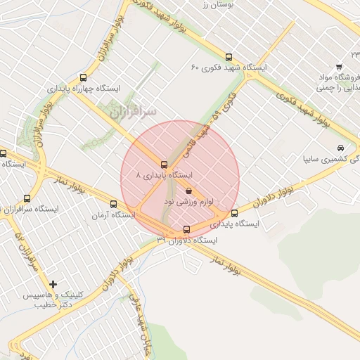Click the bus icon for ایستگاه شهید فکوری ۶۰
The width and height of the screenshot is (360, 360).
point(228,57)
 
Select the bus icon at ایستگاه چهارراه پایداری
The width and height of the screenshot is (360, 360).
point(84,78)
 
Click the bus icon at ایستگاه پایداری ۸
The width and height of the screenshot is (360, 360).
point(164,165)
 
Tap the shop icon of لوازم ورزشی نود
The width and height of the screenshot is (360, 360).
point(188,191)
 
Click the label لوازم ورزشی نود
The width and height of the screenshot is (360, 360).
point(188,202)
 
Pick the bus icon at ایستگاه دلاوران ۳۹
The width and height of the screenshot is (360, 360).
point(186,229)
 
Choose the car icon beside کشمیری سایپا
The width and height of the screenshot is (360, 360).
point(340,148)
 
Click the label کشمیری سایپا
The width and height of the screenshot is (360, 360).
point(330,160)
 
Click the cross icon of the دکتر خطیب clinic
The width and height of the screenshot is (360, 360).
point(53,283)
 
